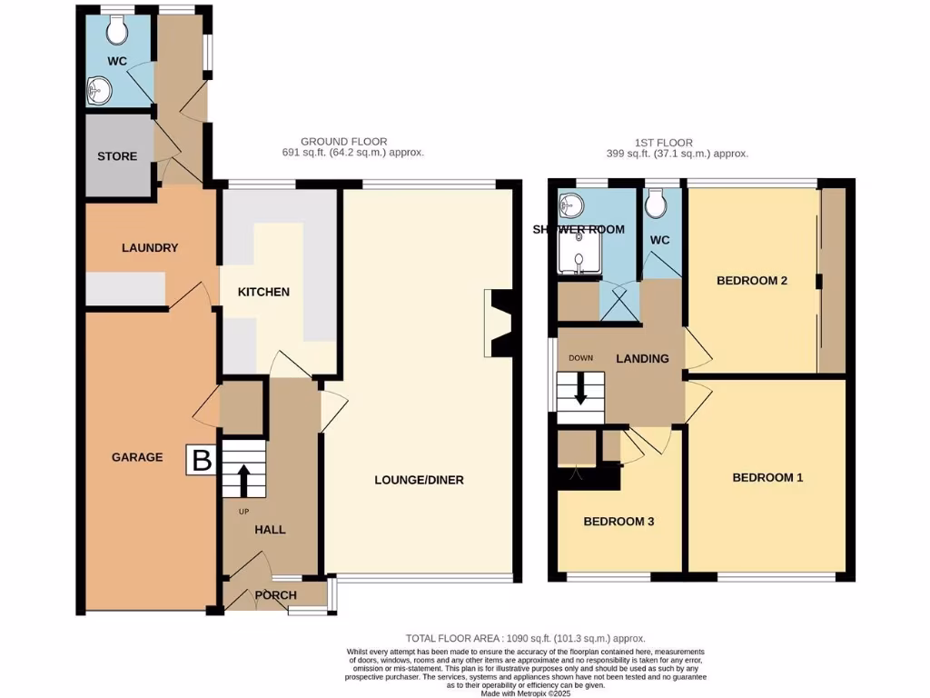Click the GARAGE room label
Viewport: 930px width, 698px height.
[x=137, y=457]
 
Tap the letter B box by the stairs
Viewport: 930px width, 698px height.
[x=202, y=460]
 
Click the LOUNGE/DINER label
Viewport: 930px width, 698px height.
[x=419, y=479]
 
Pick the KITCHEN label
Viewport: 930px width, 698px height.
[x=263, y=292]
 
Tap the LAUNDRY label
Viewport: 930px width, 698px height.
[x=150, y=248]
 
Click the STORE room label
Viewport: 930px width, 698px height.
[x=117, y=156]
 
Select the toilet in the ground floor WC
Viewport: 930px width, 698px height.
[x=116, y=32]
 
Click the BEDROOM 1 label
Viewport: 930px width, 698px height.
[x=767, y=477]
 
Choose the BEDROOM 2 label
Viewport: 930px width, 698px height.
[x=751, y=281]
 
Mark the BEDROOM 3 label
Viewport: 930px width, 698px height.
[x=618, y=522]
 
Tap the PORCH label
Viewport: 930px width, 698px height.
[x=275, y=595]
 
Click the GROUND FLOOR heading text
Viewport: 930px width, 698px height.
[x=343, y=142]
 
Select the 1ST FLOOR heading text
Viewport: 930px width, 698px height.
[x=663, y=143]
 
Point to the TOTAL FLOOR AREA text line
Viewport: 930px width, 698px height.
[x=525, y=639]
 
